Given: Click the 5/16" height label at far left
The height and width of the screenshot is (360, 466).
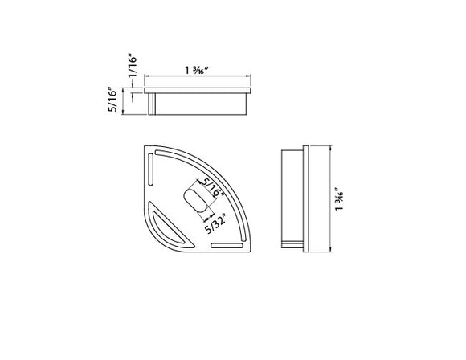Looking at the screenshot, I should click(x=113, y=101).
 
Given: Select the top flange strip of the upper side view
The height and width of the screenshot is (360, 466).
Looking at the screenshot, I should click(x=199, y=90).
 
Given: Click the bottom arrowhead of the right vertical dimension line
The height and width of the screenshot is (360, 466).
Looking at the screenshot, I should click(x=329, y=251).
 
